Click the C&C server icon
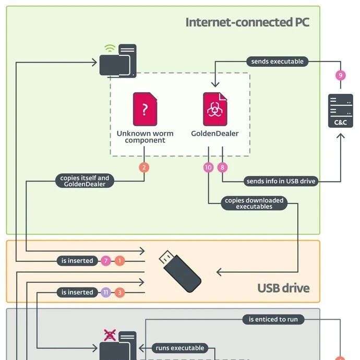(x=340, y=110)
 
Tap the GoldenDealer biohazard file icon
(x=214, y=109)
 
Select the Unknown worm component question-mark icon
(x=145, y=109)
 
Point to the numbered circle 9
(x=340, y=76)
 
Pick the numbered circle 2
(x=145, y=167)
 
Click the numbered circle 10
(x=209, y=167)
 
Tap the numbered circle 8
(x=223, y=167)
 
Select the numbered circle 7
(x=106, y=260)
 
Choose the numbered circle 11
(x=106, y=292)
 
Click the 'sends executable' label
(x=277, y=62)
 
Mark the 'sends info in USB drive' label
(x=281, y=182)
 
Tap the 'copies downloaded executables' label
(x=254, y=203)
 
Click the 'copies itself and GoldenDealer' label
(x=85, y=181)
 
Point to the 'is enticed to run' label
(x=273, y=319)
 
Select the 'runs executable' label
(x=180, y=348)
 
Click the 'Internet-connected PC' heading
(x=247, y=22)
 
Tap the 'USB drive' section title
(x=283, y=288)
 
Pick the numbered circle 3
(x=119, y=292)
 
